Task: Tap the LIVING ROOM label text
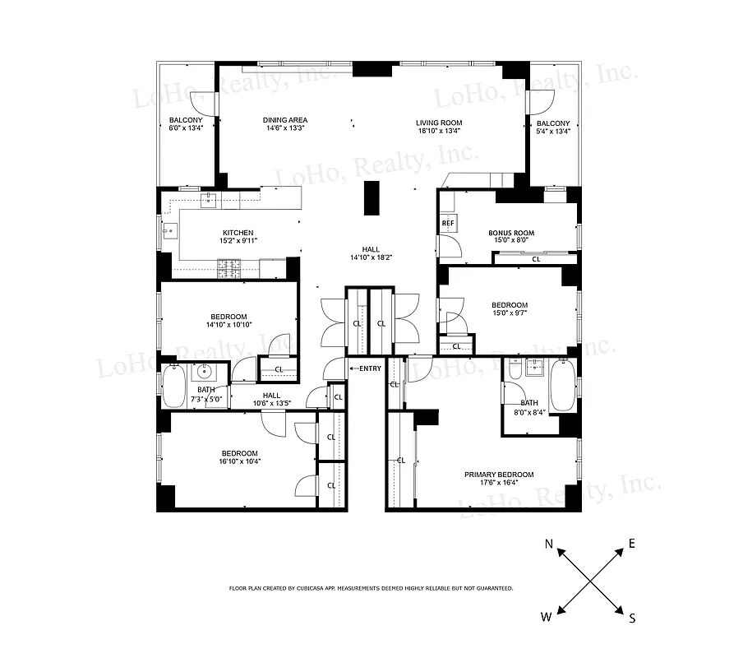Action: tap(438, 123)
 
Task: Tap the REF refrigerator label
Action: tap(448, 223)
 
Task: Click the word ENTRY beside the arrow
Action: tap(371, 368)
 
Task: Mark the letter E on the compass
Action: tap(632, 544)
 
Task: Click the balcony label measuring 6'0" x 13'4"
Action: tap(185, 124)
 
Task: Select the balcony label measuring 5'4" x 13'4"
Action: tap(553, 127)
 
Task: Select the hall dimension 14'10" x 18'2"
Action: tap(371, 257)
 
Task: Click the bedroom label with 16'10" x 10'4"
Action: tap(239, 457)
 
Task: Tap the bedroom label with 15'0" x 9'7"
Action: tap(510, 309)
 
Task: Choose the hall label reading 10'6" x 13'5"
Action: tap(271, 399)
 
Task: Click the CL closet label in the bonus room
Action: tap(536, 259)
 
